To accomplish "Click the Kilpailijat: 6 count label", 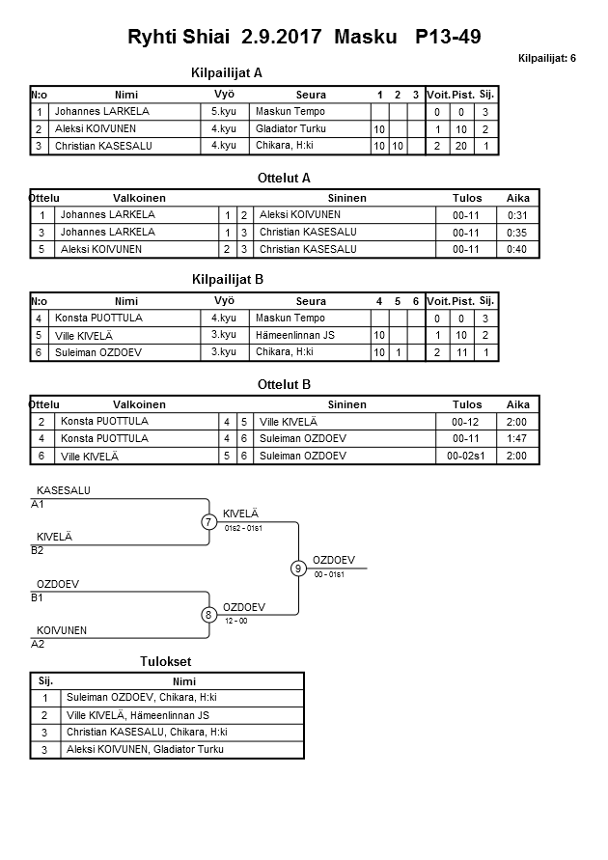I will point(547,59).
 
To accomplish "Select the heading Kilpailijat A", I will point(228,72).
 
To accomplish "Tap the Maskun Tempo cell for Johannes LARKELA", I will point(290,112).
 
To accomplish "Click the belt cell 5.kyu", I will point(224,112).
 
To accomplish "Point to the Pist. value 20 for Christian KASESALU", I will point(462,147).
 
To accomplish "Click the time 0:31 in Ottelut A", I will point(518,215).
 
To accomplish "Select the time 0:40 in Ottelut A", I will point(518,250).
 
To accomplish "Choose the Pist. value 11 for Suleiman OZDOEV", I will point(462,353).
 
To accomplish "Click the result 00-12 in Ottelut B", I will point(466,422).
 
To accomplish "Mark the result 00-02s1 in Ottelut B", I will point(466,457).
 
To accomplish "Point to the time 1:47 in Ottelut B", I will point(518,439).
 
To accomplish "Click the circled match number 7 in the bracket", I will point(208,522).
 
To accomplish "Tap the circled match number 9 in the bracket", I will point(298,569).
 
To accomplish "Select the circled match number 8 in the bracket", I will point(208,615).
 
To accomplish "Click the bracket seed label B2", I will point(38,550).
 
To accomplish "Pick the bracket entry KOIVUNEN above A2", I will point(62,631).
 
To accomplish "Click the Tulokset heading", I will point(166,662).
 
